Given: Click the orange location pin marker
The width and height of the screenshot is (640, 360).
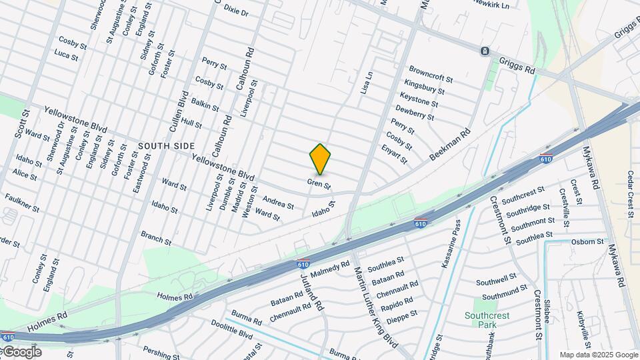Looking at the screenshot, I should (x=320, y=159).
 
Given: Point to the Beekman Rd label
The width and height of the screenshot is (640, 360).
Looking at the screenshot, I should (x=449, y=144).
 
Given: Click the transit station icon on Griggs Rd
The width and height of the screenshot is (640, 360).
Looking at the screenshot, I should (x=485, y=51).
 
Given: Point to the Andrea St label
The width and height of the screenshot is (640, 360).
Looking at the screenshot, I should (x=278, y=202).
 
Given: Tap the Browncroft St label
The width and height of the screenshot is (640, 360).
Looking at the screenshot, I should (x=431, y=73).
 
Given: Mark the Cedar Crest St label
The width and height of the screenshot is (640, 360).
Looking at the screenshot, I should (x=629, y=194).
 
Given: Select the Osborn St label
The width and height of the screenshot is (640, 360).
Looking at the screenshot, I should (x=587, y=241).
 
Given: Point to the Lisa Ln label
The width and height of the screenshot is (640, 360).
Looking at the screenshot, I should (x=366, y=83).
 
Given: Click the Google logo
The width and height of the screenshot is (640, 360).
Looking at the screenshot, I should (x=21, y=352).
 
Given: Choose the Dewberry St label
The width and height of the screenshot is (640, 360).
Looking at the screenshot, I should (x=414, y=112).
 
